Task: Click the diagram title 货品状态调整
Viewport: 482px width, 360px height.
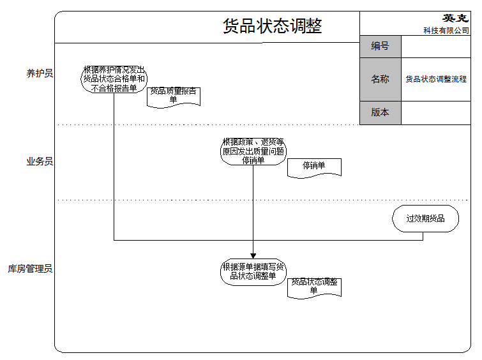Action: point(273,26)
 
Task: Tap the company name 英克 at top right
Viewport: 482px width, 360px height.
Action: point(455,19)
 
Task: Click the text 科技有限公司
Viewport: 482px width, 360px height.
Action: point(446,30)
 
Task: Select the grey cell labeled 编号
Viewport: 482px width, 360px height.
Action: point(380,46)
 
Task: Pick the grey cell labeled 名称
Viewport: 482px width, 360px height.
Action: point(380,79)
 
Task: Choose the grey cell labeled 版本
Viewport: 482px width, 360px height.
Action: point(380,112)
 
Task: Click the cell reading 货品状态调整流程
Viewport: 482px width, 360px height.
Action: point(436,79)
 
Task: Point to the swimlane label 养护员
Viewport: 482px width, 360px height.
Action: point(40,74)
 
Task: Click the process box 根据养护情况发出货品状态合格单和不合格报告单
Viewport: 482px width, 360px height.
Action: point(114,79)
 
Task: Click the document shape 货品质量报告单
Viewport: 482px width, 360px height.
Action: point(173,96)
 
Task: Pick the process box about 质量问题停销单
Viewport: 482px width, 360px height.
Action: point(253,152)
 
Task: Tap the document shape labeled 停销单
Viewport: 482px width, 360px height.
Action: point(314,166)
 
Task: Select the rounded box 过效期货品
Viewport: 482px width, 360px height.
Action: point(425,218)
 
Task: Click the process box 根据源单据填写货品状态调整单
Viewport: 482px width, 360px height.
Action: point(253,271)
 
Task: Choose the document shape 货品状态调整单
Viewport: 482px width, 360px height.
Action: point(314,286)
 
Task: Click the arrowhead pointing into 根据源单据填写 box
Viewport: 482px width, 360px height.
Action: point(253,255)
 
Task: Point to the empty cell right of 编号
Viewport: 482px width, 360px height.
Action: point(436,46)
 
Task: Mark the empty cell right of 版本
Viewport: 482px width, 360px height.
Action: point(436,112)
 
